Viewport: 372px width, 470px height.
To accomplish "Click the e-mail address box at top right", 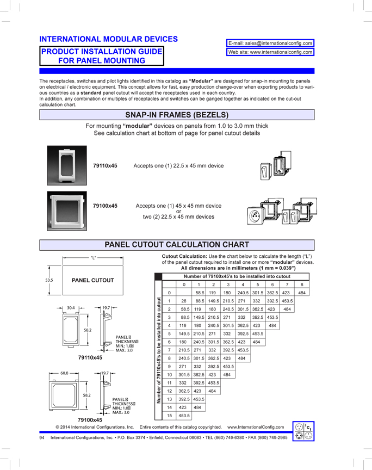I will point(270,43).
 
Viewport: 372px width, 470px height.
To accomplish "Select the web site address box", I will point(270,53).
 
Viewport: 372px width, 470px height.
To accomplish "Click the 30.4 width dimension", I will point(71,308).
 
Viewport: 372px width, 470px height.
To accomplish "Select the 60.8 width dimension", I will point(64,373).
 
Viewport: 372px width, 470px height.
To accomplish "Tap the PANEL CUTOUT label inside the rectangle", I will point(92,280).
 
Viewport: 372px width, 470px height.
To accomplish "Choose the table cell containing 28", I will point(184,301).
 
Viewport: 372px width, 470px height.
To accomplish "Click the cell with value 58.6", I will point(199,293).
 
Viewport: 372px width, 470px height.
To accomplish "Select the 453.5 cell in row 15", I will point(184,415).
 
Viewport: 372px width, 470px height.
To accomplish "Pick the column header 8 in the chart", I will point(301,285).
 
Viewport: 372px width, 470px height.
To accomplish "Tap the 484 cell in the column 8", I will point(301,293).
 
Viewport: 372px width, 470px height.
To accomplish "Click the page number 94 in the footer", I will point(42,438).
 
